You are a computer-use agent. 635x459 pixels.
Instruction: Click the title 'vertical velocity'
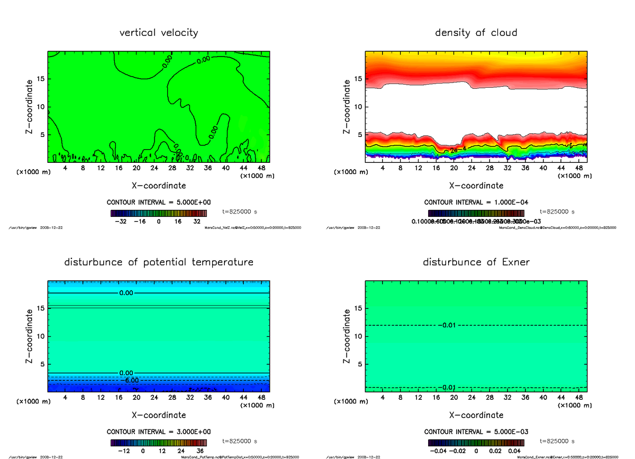(159, 33)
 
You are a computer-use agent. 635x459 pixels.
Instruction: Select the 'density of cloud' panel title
(476, 33)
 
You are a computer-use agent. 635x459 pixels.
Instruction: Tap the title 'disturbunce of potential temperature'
(159, 262)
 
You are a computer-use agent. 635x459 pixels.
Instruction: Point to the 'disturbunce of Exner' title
(476, 262)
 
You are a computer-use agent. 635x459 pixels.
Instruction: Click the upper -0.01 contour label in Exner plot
(447, 325)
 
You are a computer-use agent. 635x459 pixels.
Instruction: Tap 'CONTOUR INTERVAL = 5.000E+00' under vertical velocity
(159, 203)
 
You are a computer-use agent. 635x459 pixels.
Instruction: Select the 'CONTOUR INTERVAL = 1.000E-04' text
(476, 203)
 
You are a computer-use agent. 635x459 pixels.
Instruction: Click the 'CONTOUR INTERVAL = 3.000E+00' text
(159, 432)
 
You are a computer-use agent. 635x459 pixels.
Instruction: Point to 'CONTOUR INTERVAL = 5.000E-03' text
(476, 432)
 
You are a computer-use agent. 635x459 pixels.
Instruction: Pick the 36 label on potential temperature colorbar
(201, 451)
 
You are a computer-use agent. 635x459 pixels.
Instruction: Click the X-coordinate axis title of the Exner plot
(476, 415)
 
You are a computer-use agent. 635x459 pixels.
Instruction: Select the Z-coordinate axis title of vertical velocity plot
(31, 107)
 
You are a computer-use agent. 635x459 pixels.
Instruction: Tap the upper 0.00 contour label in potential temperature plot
(127, 293)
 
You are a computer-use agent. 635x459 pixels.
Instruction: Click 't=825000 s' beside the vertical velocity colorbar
(240, 211)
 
